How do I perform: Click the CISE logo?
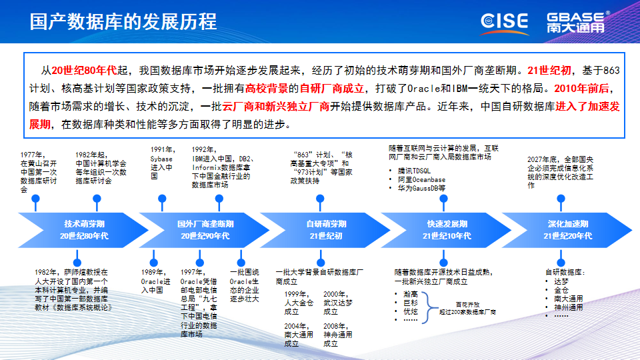504,21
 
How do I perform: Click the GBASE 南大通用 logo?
578,21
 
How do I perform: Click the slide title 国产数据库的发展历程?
123,21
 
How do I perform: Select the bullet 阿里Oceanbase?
421,180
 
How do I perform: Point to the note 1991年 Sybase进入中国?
161,163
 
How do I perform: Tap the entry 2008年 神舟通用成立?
337,335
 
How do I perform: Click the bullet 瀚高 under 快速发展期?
410,293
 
